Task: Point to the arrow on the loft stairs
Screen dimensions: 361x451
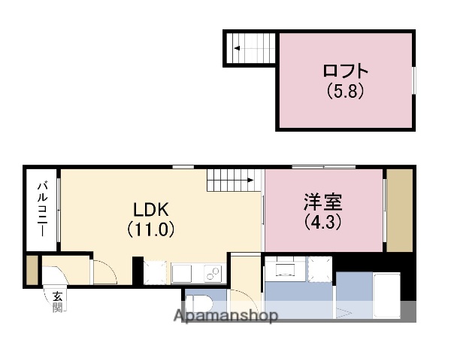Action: (238, 50)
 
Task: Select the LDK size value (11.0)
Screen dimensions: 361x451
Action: (151, 229)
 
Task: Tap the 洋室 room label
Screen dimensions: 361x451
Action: (322, 203)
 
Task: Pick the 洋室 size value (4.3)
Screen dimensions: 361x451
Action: (322, 222)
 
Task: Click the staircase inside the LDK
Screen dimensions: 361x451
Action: (232, 181)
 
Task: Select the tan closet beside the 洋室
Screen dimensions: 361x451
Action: (399, 211)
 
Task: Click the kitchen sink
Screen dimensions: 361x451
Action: (183, 272)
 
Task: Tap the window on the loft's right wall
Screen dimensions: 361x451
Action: (413, 80)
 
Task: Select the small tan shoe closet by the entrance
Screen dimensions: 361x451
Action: (31, 271)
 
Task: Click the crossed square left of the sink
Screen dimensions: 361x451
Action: (156, 272)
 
